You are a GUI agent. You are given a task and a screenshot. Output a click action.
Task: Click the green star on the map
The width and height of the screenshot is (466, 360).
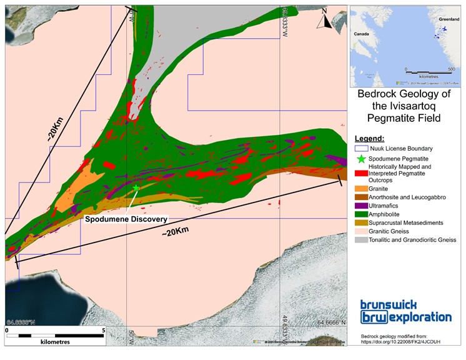pyautogui.click(x=136, y=187)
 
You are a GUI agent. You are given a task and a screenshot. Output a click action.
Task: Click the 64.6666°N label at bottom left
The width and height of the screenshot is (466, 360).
pyautogui.click(x=22, y=322)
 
